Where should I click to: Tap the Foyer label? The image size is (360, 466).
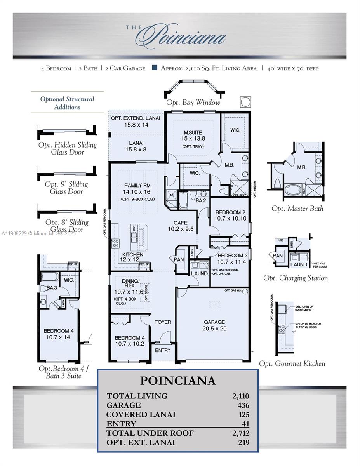162,322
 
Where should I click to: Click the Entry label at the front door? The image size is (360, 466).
162,350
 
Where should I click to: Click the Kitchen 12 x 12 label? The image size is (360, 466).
133,257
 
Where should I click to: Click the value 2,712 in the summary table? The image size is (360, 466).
240,433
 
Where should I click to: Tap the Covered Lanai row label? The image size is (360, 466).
141,414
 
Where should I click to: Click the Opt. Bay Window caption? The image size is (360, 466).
193,103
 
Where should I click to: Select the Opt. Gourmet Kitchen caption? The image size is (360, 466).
292,363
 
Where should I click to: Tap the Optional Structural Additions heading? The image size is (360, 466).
67,103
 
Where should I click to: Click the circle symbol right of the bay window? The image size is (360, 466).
245,102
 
